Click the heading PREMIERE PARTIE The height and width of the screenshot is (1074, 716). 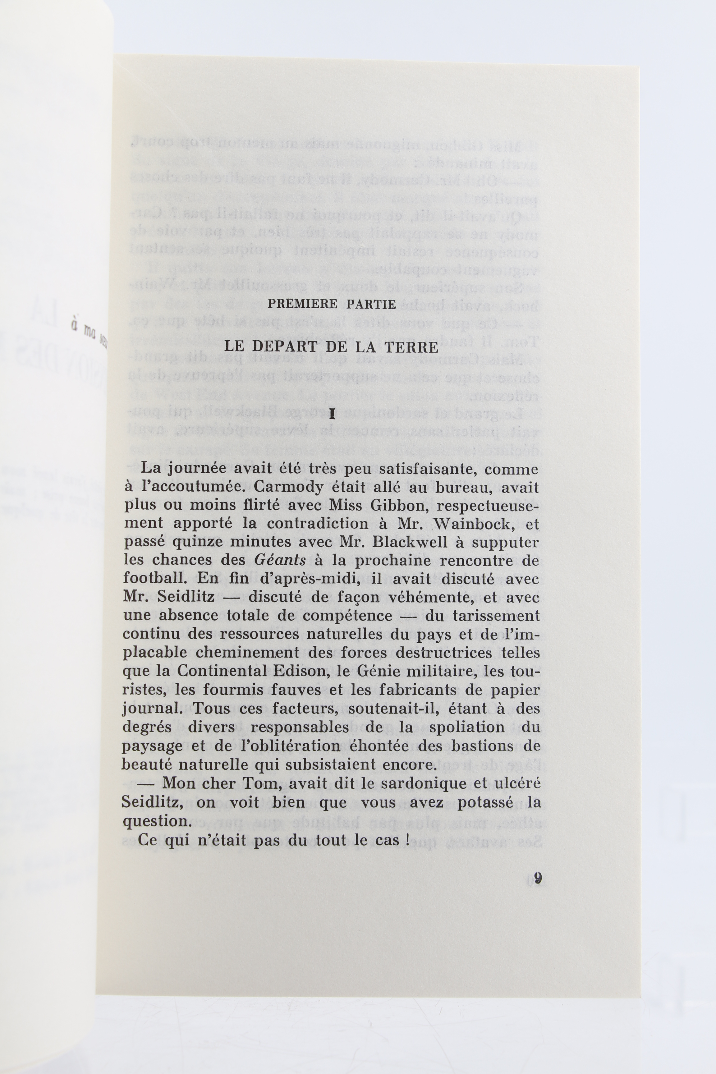(x=332, y=304)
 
